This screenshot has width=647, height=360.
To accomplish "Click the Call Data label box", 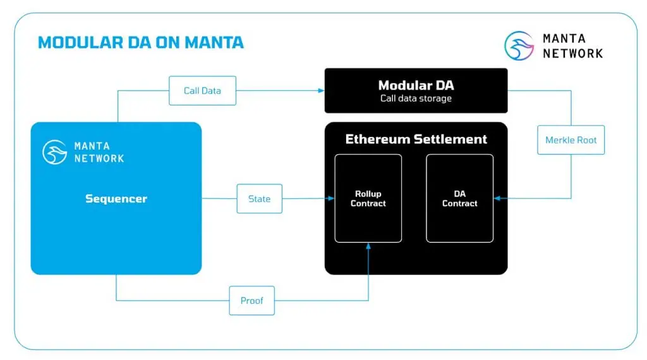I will (202, 90).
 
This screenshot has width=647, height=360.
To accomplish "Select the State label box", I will (259, 198).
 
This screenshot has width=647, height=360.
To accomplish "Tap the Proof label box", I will (251, 301).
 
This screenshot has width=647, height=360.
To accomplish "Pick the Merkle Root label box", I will (571, 140).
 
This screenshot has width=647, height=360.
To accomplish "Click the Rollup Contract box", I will (368, 198).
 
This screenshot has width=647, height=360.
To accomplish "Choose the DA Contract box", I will (459, 198).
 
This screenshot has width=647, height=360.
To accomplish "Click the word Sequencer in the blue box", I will (116, 198).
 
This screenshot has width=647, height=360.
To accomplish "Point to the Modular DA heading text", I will (416, 85).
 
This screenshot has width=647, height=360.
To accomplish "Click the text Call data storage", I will (416, 99).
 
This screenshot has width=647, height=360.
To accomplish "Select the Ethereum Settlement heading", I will (416, 139).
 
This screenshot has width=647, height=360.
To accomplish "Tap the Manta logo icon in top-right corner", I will (519, 46).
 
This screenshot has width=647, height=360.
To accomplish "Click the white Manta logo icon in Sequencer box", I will (55, 152).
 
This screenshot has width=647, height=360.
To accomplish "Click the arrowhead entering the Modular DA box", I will (320, 90).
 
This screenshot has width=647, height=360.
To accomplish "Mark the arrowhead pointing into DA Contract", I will (497, 198).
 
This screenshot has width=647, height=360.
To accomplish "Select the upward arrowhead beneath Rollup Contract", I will (368, 246).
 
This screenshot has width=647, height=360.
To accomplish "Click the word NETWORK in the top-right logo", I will (572, 54).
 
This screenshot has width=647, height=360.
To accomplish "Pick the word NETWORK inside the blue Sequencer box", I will (99, 158).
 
